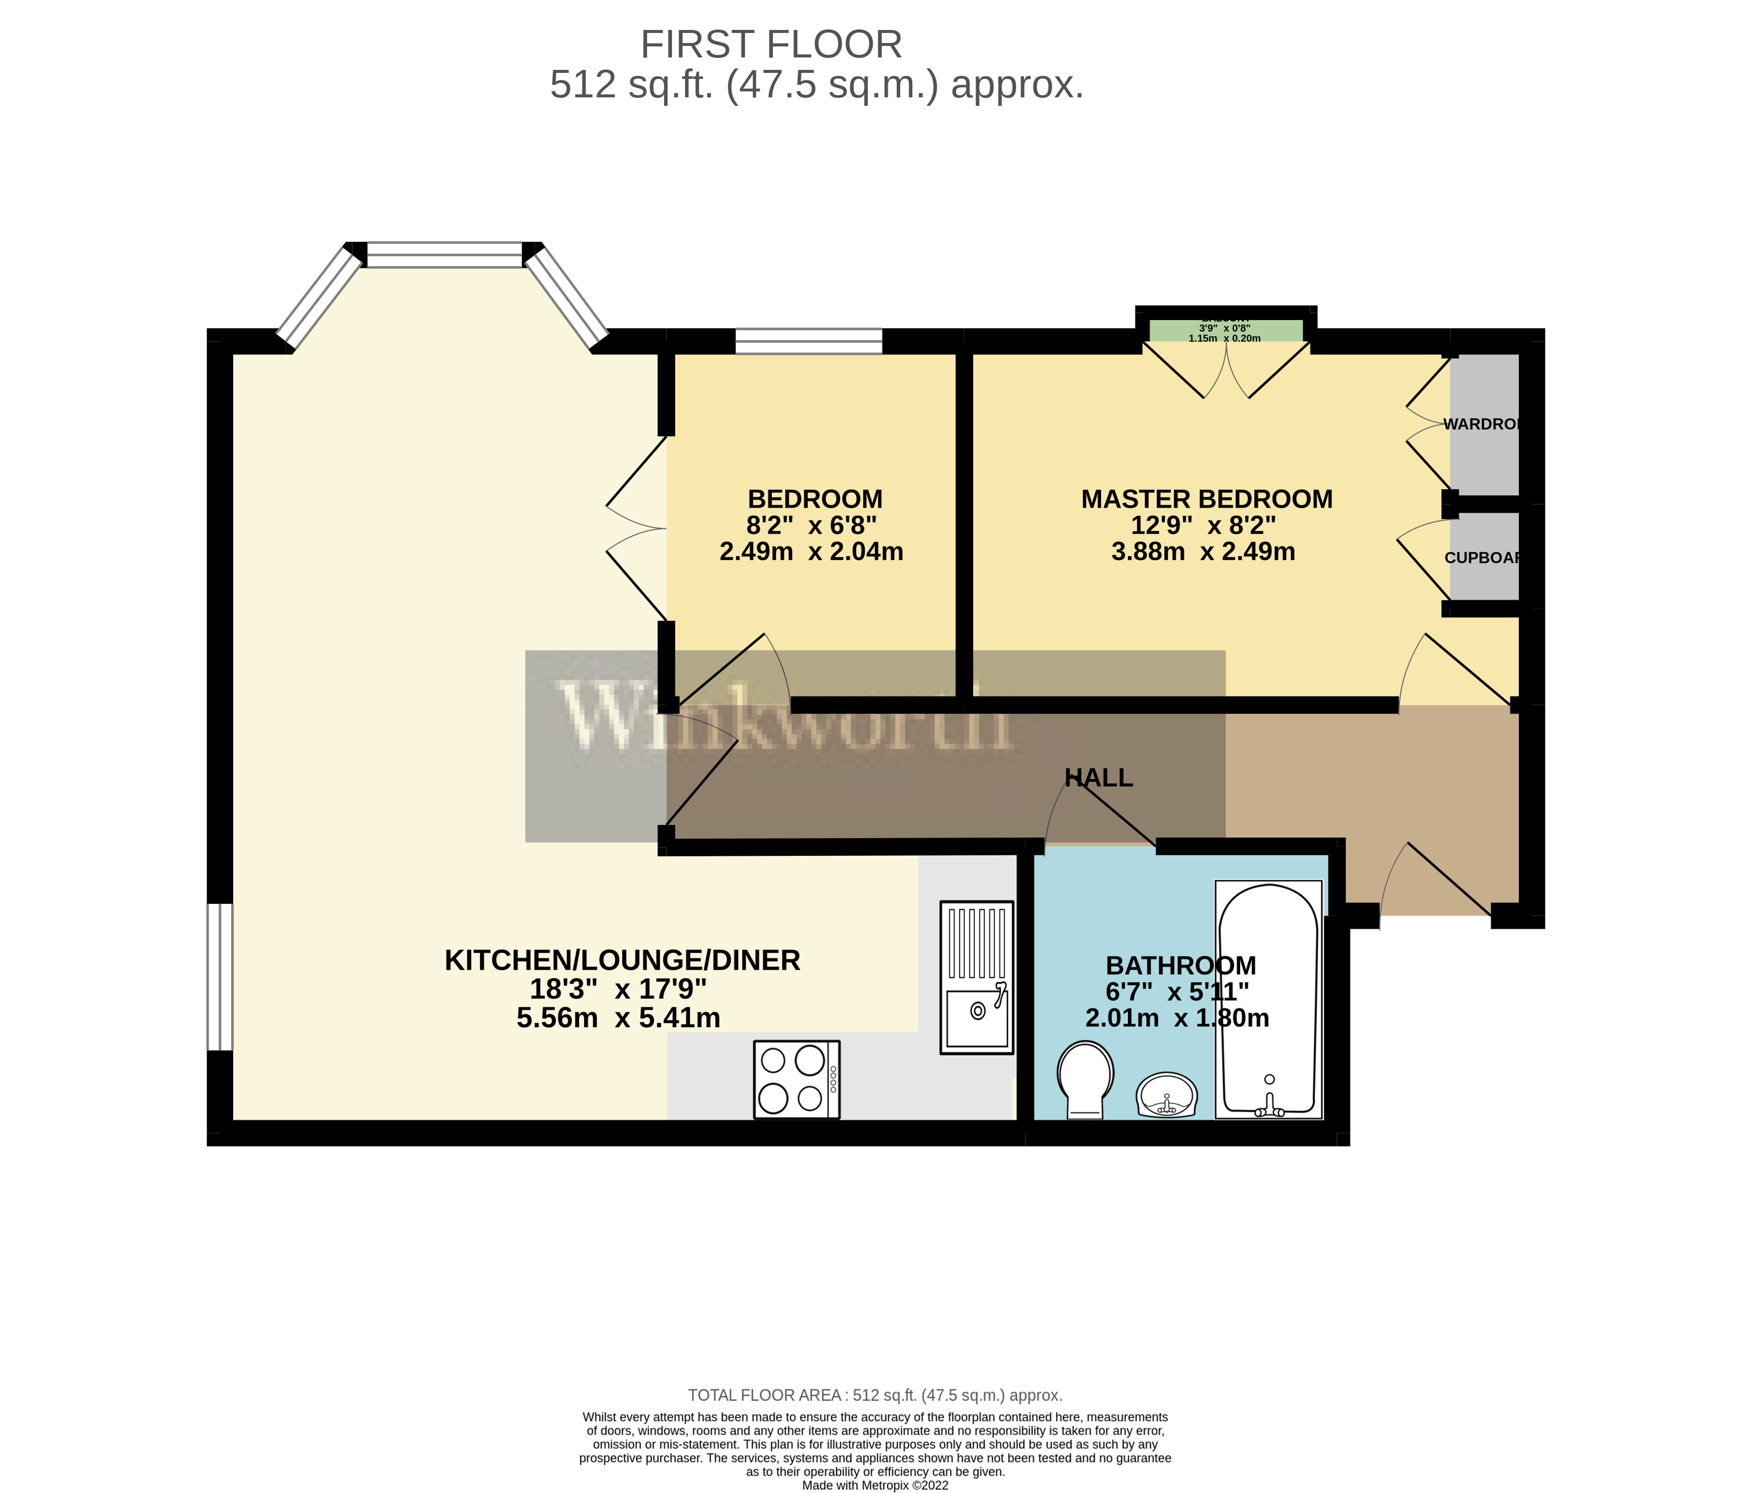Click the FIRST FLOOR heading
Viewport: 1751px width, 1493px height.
[x=771, y=45]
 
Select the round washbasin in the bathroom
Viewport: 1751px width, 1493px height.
[x=1167, y=1096]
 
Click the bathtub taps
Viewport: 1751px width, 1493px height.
[x=1269, y=1105]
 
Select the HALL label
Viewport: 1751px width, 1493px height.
[x=1098, y=777]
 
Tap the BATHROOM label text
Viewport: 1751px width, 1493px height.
[x=1181, y=965]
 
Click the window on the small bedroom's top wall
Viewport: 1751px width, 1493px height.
[x=809, y=342]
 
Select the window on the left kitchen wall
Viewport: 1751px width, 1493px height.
[x=220, y=977]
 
